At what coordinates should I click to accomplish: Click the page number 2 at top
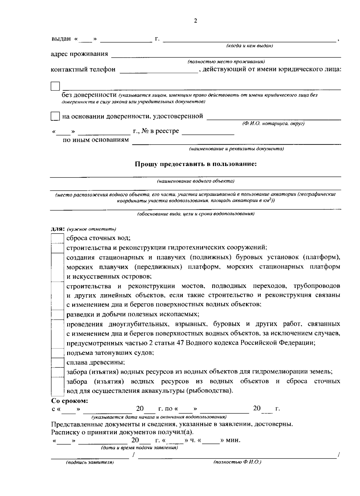[196, 21]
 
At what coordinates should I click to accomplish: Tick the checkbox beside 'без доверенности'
[55, 86]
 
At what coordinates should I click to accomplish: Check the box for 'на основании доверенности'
[55, 116]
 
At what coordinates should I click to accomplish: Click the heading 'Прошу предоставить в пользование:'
[196, 164]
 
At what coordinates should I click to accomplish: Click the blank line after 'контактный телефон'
[159, 71]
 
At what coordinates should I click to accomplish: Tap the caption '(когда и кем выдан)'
[249, 46]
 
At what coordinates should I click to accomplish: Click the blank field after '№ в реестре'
[208, 133]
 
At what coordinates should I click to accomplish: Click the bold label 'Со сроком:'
[70, 401]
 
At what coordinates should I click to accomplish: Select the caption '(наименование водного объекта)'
[196, 181]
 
